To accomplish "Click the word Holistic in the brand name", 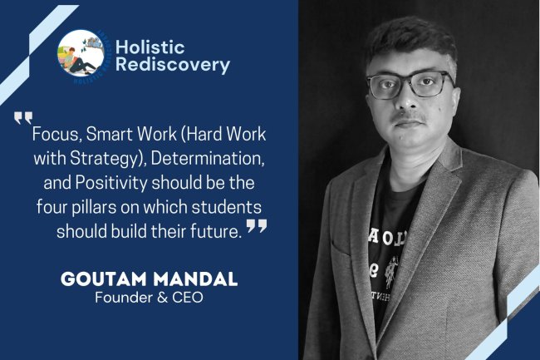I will pos(152,47).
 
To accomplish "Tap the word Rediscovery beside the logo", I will pos(173,66).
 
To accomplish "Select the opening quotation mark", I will pos(22,118).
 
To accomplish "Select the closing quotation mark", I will pos(257,227).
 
